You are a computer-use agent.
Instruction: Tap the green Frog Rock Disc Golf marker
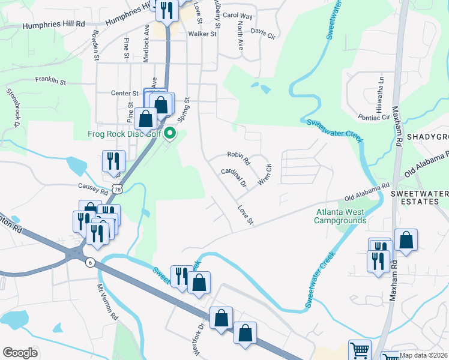pos(170,133)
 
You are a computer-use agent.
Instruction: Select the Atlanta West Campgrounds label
pos(340,216)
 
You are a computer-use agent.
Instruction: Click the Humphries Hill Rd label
pos(54,26)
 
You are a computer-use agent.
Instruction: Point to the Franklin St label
pos(50,80)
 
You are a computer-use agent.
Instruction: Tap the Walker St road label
pos(202,34)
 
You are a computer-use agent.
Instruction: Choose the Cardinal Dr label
pos(234,176)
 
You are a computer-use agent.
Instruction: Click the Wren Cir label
pos(264,172)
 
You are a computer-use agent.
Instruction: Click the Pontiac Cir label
pos(375,118)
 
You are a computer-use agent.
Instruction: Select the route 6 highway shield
pos(90,262)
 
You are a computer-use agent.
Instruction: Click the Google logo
pos(20,353)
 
